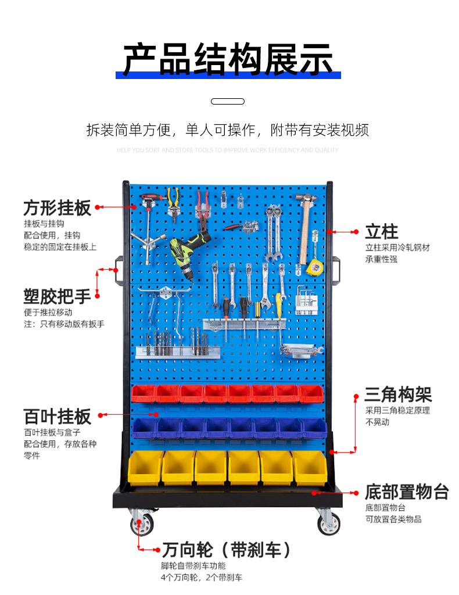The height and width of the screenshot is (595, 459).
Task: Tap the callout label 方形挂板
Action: coord(57,207)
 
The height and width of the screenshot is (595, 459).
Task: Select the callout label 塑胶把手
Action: coord(57,296)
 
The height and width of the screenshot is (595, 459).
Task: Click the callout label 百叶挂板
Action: coord(57,416)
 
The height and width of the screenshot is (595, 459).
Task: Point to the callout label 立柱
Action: coord(381,231)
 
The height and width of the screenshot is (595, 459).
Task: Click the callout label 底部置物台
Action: coord(407,492)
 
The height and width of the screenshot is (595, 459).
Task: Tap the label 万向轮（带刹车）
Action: coord(227,549)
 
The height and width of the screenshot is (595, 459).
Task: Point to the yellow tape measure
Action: coord(314,267)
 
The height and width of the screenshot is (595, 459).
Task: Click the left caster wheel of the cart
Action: coord(142,522)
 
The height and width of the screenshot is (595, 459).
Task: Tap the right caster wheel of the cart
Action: coord(328,522)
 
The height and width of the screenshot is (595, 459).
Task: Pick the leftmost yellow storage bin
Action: coord(144,468)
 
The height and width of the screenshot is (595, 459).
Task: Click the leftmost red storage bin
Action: coord(143,393)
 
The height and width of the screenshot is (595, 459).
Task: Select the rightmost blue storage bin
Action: coord(314,428)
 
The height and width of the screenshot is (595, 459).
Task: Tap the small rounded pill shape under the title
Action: coord(228,101)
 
